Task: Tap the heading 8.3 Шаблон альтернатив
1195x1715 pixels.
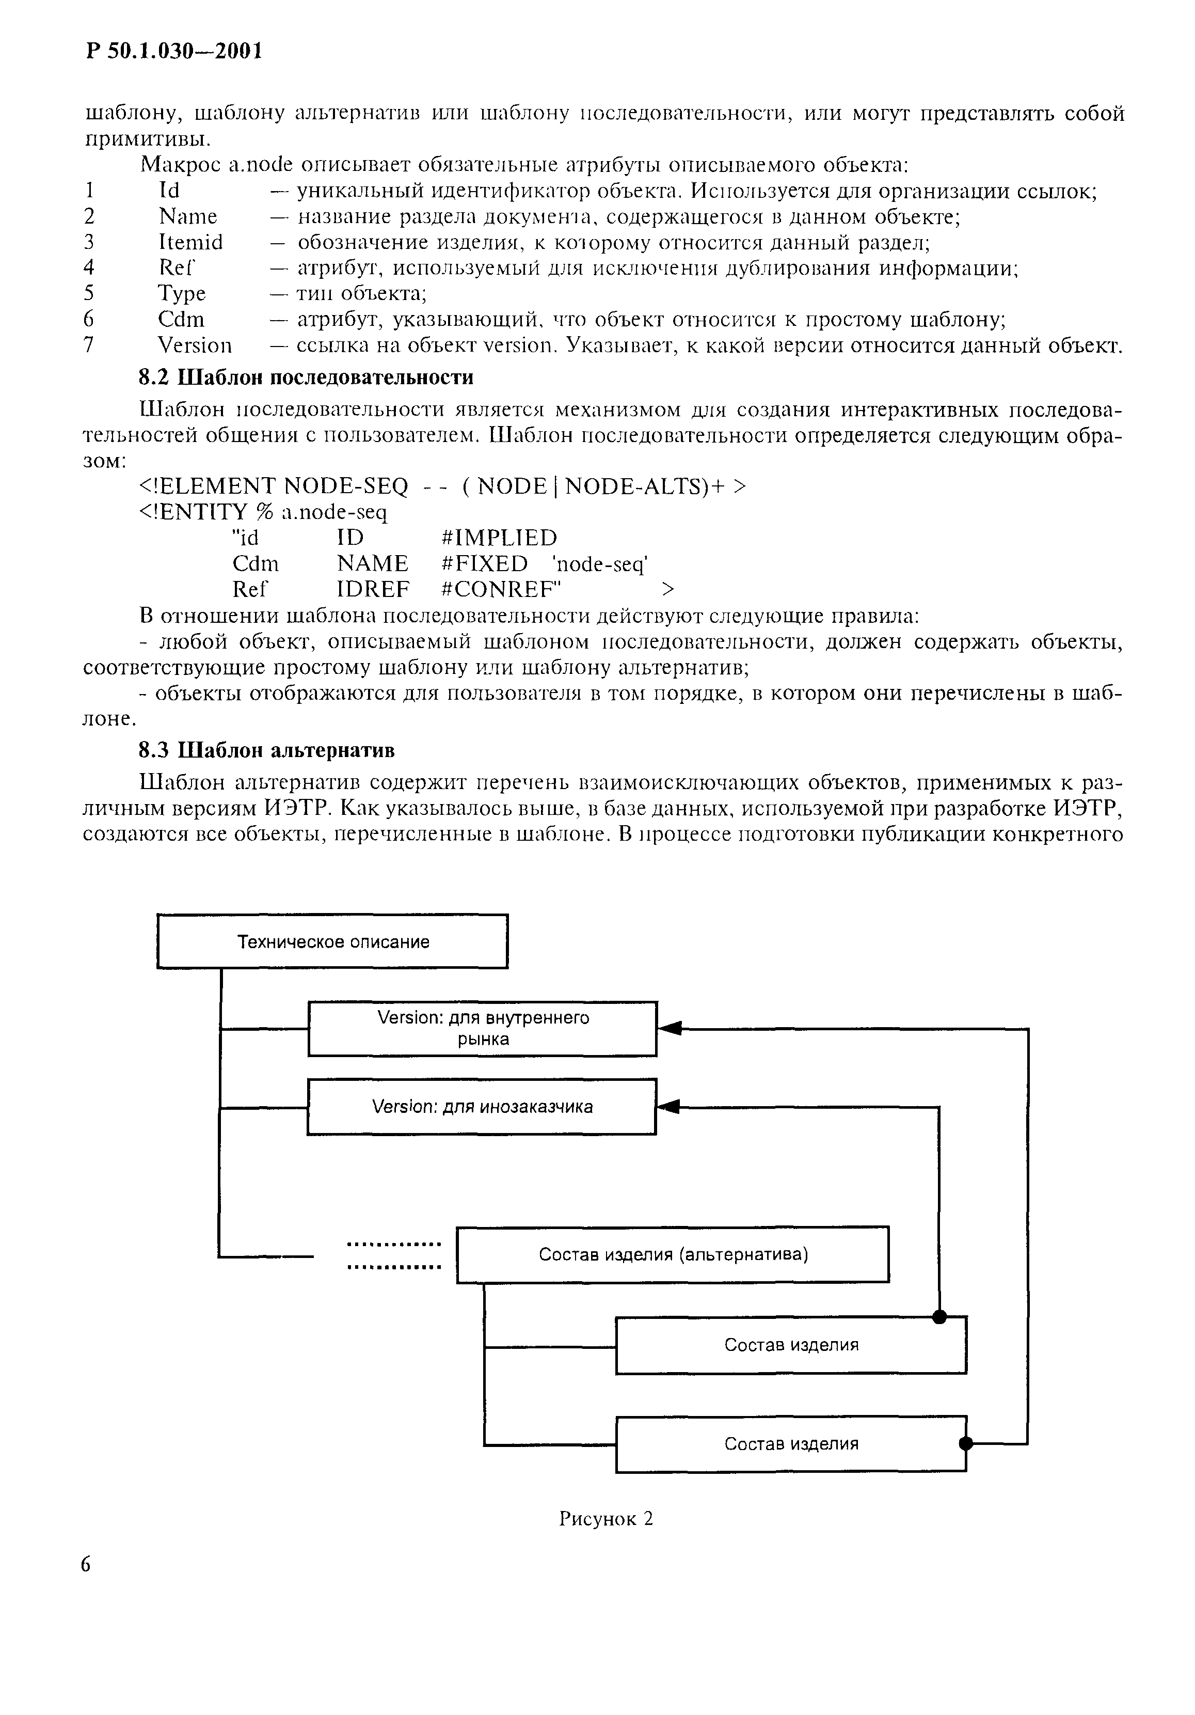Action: (x=267, y=750)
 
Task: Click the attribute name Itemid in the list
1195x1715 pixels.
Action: (x=190, y=242)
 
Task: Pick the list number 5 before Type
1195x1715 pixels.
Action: (x=89, y=293)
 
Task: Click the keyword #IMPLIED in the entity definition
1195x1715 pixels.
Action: (x=500, y=538)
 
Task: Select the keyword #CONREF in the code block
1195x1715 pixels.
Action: (x=502, y=589)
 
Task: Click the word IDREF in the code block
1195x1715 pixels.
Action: (x=373, y=589)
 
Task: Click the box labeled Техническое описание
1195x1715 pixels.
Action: (x=332, y=941)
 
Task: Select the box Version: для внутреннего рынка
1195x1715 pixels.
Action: (x=483, y=1029)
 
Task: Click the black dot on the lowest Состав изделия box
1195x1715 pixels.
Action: (x=966, y=1443)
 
